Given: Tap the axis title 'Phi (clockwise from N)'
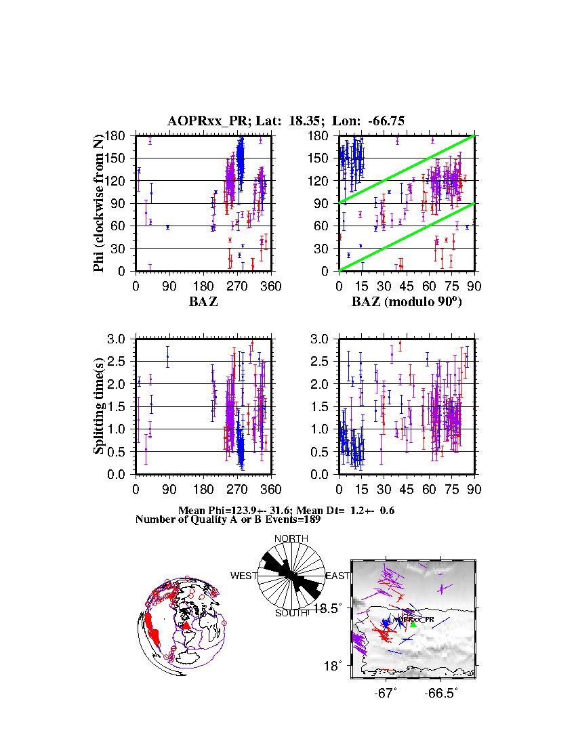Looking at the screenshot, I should tap(100, 203).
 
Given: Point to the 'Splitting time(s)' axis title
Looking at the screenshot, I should tap(100, 406).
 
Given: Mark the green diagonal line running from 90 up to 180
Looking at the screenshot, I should tap(407, 169).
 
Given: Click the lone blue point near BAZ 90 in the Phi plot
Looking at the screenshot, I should tap(167, 227).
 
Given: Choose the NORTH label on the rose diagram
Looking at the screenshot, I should tap(291, 538).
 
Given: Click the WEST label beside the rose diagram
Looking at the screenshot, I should tap(244, 576).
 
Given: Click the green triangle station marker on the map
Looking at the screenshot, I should tap(413, 623).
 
